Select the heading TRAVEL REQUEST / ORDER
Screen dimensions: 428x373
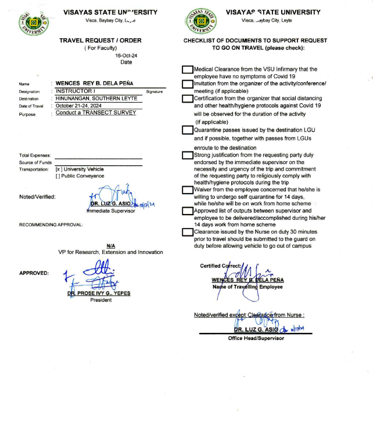(101, 41)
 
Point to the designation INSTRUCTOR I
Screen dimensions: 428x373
(77, 91)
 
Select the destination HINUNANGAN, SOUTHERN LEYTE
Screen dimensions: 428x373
(97, 99)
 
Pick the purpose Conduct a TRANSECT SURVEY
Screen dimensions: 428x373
(96, 113)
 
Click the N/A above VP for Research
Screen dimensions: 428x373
(110, 245)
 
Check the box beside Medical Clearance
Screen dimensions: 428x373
(187, 70)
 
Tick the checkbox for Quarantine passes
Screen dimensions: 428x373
(187, 129)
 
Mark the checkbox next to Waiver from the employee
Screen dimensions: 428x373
(187, 190)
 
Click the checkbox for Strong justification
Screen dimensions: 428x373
(187, 155)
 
